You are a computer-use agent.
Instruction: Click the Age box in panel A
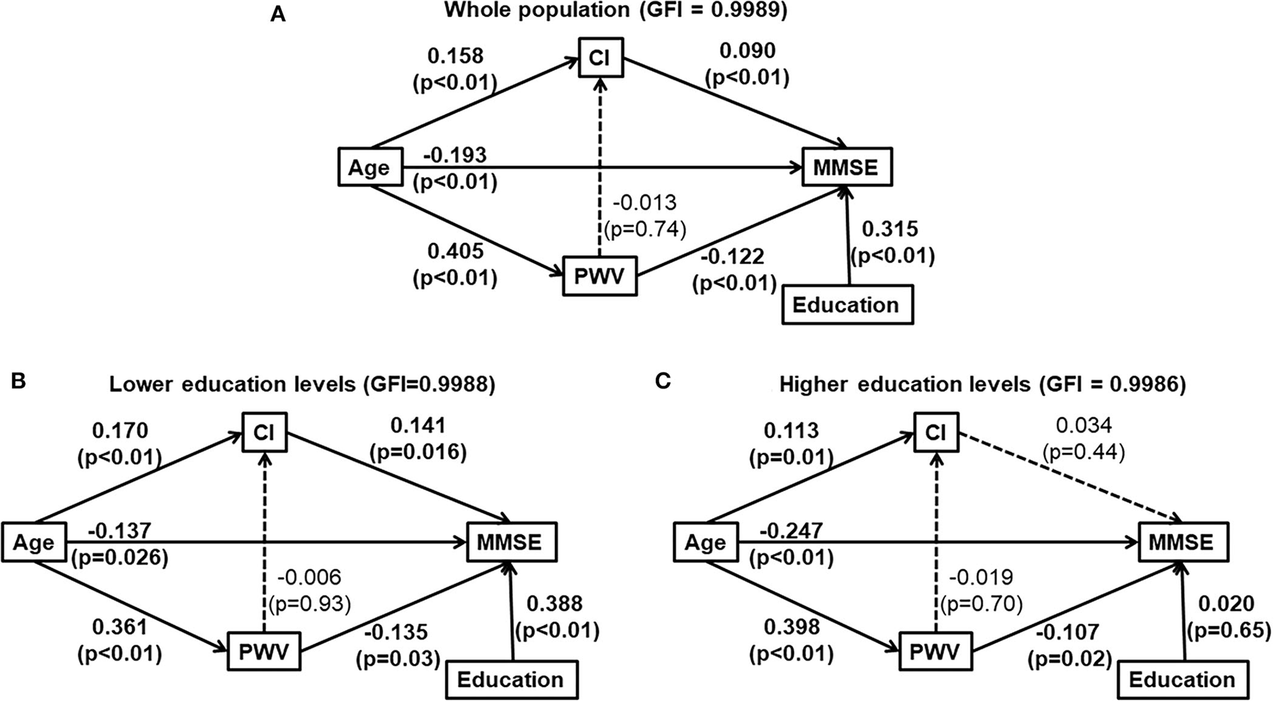pos(369,168)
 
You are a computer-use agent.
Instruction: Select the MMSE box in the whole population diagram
pos(845,168)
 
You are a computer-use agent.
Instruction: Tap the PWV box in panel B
pos(263,652)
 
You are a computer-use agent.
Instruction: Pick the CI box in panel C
pos(935,432)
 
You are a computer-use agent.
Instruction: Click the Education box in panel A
pos(845,305)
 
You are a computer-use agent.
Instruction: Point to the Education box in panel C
pos(1182,680)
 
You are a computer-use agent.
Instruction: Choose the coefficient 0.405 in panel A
pos(455,252)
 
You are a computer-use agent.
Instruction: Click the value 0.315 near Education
pos(890,229)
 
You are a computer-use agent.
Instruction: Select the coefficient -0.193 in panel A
pos(455,155)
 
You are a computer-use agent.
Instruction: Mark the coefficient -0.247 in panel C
pos(792,531)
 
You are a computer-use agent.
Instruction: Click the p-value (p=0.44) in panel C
pos(1083,452)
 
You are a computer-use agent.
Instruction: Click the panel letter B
pos(18,380)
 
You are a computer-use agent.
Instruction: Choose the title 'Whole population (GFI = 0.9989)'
pos(615,11)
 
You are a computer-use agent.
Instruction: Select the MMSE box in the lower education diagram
pos(512,542)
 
